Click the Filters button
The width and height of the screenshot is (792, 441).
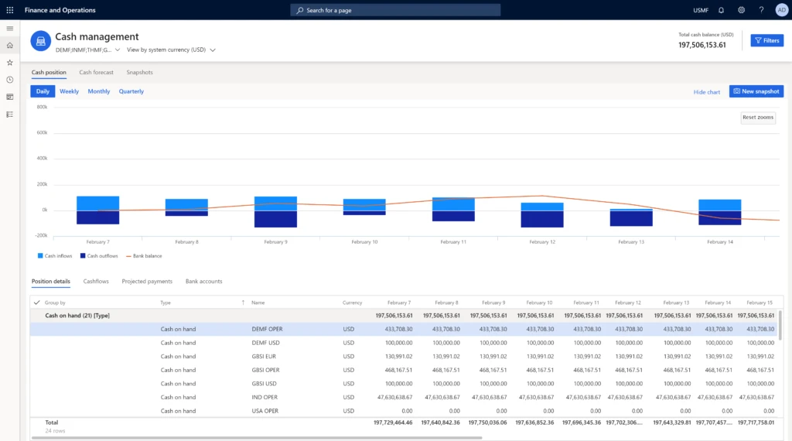pyautogui.click(x=766, y=40)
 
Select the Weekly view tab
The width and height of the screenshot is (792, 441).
pyautogui.click(x=69, y=91)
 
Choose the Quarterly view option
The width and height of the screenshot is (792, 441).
pyautogui.click(x=131, y=91)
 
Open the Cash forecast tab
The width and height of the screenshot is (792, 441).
pyautogui.click(x=96, y=72)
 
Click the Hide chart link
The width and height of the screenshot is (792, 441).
pyautogui.click(x=706, y=92)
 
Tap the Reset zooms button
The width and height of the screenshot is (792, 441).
pyautogui.click(x=757, y=118)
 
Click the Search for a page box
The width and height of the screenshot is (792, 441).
pyautogui.click(x=395, y=10)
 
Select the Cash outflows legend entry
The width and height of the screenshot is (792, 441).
pyautogui.click(x=101, y=255)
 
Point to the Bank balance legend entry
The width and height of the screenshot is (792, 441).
pyautogui.click(x=146, y=255)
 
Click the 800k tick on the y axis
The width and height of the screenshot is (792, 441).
pyautogui.click(x=42, y=107)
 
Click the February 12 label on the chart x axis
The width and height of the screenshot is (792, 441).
pyautogui.click(x=541, y=242)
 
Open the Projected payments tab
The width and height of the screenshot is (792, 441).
pyautogui.click(x=147, y=282)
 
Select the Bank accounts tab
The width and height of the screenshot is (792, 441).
pyautogui.click(x=203, y=282)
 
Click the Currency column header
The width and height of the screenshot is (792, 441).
pyautogui.click(x=352, y=303)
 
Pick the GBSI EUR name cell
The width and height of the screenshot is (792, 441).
pyautogui.click(x=265, y=357)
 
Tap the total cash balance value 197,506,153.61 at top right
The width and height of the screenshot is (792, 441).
pyautogui.click(x=702, y=45)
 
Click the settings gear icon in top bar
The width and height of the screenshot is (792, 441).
pyautogui.click(x=741, y=10)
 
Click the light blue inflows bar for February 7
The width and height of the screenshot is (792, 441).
pyautogui.click(x=97, y=203)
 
